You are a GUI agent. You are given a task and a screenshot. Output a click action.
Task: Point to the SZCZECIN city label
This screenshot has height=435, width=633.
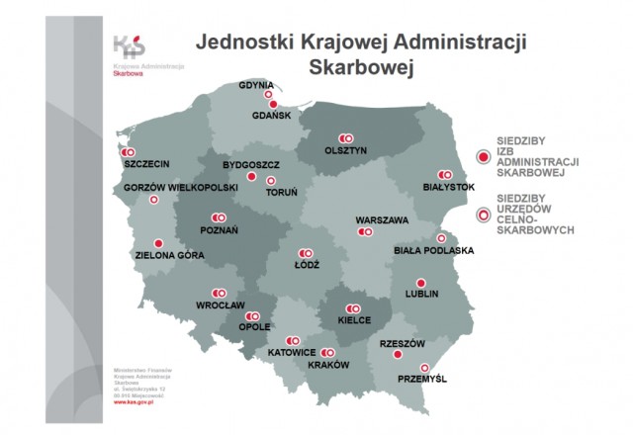point(140,164)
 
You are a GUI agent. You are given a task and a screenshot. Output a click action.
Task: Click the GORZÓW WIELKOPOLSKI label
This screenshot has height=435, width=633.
point(181,187)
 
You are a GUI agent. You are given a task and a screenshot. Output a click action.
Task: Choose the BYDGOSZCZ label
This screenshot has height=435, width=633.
point(252,164)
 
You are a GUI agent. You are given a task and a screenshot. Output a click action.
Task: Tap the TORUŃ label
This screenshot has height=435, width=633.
point(282,193)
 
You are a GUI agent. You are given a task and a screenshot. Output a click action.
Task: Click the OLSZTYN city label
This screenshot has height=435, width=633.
point(346,151)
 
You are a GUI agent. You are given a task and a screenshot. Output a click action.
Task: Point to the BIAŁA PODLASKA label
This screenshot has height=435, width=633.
point(433,251)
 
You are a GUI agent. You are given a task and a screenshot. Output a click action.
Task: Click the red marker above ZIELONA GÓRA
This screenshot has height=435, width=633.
point(157,243)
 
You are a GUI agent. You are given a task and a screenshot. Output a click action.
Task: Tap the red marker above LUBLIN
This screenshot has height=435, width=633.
point(420,282)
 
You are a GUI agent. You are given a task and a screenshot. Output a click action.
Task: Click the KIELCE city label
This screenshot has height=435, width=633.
point(353,320)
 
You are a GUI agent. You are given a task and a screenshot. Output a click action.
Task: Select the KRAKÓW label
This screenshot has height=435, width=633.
point(329,365)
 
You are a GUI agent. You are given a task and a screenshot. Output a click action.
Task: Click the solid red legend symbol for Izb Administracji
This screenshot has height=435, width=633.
point(483,156)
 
